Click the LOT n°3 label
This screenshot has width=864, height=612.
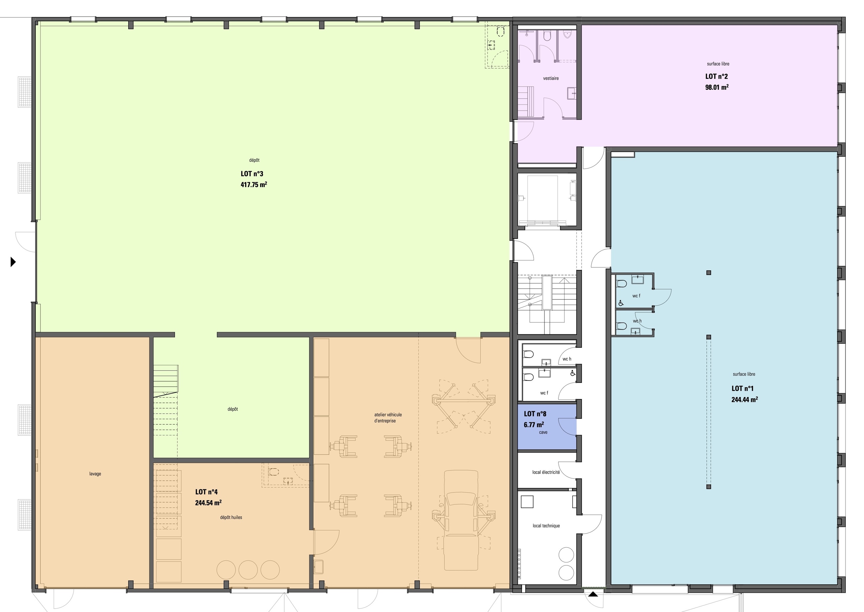point(252,174)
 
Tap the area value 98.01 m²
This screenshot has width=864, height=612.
point(717,87)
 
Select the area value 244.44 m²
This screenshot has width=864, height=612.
point(745,399)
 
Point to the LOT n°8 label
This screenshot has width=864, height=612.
point(535,414)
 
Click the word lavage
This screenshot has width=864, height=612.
point(95,474)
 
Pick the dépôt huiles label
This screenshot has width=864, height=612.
point(231,517)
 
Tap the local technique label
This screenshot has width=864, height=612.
point(546,526)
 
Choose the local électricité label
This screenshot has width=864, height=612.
point(546,472)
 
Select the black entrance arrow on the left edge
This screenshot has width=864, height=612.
point(13,262)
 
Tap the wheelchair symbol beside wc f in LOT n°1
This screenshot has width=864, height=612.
point(621,303)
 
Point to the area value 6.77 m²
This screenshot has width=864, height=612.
point(534,425)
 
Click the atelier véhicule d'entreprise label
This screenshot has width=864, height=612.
point(388,418)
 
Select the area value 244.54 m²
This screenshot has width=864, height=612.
point(208,503)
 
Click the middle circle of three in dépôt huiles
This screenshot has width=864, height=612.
point(248,570)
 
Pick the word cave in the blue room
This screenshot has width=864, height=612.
point(543,432)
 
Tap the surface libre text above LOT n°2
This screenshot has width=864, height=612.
point(718,64)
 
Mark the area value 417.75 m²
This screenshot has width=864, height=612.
point(254,185)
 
